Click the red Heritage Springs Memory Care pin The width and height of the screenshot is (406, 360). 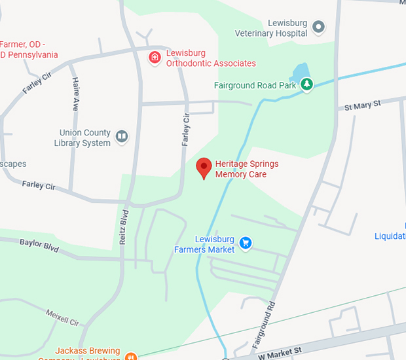coord(204,168)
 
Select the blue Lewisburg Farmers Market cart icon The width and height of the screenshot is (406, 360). coord(246,243)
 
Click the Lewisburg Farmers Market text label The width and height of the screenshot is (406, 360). coord(204,244)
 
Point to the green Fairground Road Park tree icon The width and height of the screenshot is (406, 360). coord(306,84)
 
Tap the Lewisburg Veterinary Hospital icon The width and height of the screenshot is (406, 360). coord(318,27)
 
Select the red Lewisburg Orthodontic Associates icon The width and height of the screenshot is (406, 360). coord(155,57)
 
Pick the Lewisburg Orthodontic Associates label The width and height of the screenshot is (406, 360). coord(210,58)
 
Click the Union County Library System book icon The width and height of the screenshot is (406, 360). coord(122,137)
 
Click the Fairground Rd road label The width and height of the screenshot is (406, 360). coord(265,323)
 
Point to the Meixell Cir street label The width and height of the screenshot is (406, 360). coord(63,318)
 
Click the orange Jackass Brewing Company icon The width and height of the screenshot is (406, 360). coord(130,356)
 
